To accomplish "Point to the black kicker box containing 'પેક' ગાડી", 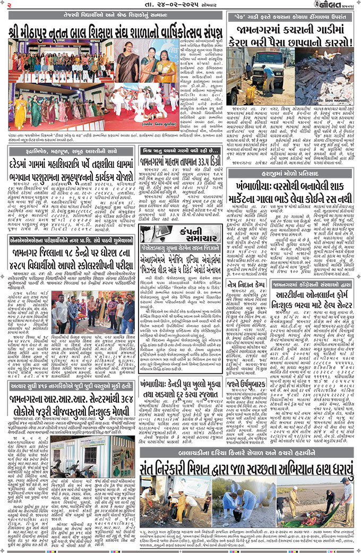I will point(291,17).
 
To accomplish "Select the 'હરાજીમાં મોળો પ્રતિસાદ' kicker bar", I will point(291,159).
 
